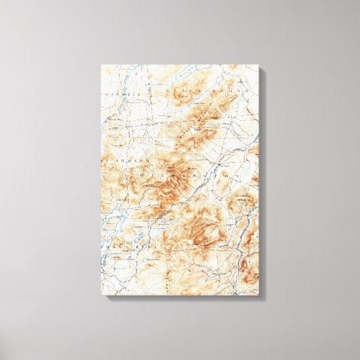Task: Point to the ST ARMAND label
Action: pyautogui.click(x=120, y=160)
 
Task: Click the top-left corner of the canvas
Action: pyautogui.click(x=102, y=65)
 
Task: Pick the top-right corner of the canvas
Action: pyautogui.click(x=259, y=65)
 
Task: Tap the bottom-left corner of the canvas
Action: pyautogui.click(x=102, y=293)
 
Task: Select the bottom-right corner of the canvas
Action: pyautogui.click(x=259, y=293)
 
